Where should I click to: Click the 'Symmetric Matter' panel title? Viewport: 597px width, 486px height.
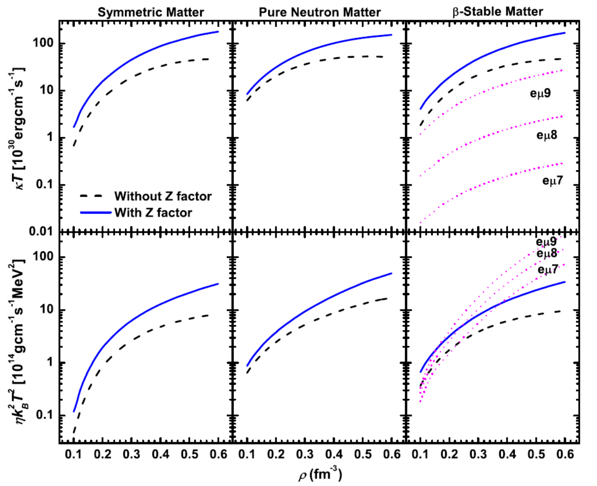pyautogui.click(x=151, y=12)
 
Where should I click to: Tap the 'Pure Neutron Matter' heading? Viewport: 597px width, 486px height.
pyautogui.click(x=319, y=12)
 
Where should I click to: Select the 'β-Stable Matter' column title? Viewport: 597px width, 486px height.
pyautogui.click(x=497, y=12)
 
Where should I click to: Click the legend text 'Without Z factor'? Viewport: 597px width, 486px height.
pyautogui.click(x=163, y=196)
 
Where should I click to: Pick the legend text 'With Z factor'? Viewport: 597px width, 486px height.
pyautogui.click(x=153, y=213)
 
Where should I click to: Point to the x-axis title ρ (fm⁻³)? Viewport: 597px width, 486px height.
pyautogui.click(x=320, y=475)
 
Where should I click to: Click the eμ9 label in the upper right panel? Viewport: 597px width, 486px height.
pyautogui.click(x=540, y=94)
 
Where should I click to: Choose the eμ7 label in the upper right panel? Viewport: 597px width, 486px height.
pyautogui.click(x=553, y=180)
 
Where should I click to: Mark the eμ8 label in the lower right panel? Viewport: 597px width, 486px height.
pyautogui.click(x=547, y=254)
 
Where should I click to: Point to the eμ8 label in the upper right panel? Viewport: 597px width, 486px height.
pyautogui.click(x=547, y=135)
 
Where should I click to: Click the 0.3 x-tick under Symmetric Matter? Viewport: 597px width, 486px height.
pyautogui.click(x=132, y=454)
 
